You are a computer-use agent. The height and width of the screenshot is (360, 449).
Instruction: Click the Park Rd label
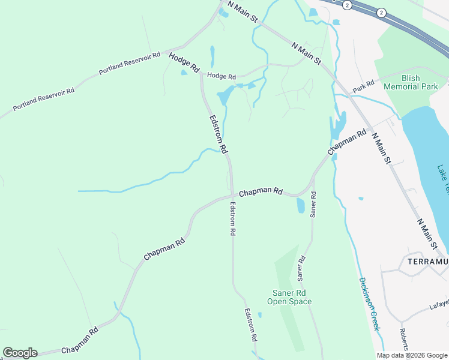(364, 86)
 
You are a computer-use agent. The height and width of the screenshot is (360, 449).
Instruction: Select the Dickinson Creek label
(370, 303)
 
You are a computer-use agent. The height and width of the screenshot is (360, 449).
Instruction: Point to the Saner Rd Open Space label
(289, 297)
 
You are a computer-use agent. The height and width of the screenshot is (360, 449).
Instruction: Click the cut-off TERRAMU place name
(424, 262)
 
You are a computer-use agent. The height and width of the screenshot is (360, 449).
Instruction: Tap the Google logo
(20, 353)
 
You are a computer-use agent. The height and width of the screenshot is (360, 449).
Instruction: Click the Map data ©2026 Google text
(412, 355)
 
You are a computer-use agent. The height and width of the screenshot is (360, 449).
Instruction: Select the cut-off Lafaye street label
(439, 305)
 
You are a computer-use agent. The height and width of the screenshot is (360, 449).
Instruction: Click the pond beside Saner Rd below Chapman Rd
(301, 206)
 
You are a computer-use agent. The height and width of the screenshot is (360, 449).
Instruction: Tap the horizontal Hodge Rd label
(221, 76)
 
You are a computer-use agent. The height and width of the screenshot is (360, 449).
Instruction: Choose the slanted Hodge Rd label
(184, 62)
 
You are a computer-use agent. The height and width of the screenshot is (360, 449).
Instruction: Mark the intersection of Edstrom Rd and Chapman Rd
(232, 195)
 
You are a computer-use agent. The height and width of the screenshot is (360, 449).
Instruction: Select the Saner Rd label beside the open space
(301, 268)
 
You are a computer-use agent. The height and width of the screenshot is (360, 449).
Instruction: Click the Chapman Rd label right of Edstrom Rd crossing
(261, 193)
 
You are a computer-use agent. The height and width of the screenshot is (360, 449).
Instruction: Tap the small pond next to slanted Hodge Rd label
(184, 73)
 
